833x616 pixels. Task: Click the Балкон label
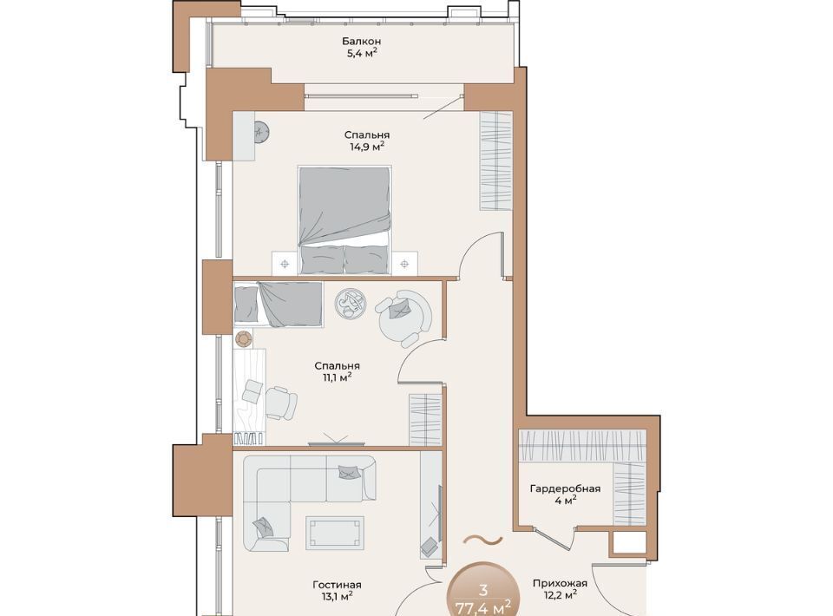361,41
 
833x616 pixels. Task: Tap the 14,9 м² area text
366,146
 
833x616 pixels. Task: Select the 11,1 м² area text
337,377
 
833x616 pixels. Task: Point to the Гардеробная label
565,488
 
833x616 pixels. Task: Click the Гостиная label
337,585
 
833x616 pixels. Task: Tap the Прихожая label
560,583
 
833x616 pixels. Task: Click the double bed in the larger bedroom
344,220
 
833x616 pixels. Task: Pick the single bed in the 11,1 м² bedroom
279,304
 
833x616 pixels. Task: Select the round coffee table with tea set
351,304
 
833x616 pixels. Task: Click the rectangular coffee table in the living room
335,533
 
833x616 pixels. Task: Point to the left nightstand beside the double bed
285,264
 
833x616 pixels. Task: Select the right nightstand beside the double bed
404,264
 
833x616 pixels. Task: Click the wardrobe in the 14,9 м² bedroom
496,161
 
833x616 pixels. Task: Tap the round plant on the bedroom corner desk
261,132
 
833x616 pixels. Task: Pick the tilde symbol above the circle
482,541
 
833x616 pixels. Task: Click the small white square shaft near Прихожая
627,543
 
